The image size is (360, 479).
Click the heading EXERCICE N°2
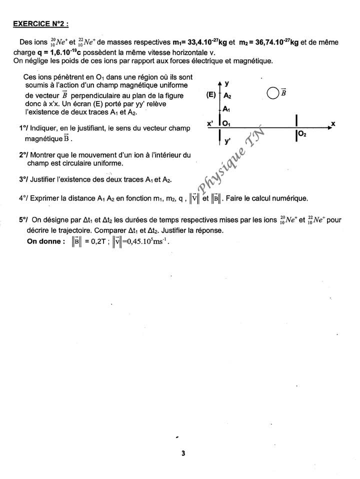(x=40, y=23)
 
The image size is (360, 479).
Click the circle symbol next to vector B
(x=272, y=92)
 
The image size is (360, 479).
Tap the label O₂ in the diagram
(x=303, y=133)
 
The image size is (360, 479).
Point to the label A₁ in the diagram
(x=226, y=109)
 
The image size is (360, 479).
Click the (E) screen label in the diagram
(x=210, y=94)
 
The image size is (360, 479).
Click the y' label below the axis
(x=227, y=141)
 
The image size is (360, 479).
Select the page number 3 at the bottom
(x=183, y=453)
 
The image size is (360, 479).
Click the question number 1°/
(x=23, y=128)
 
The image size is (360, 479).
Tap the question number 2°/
(x=23, y=155)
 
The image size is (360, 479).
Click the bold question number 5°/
(x=23, y=220)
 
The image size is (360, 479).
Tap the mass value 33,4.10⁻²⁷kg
(x=197, y=43)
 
